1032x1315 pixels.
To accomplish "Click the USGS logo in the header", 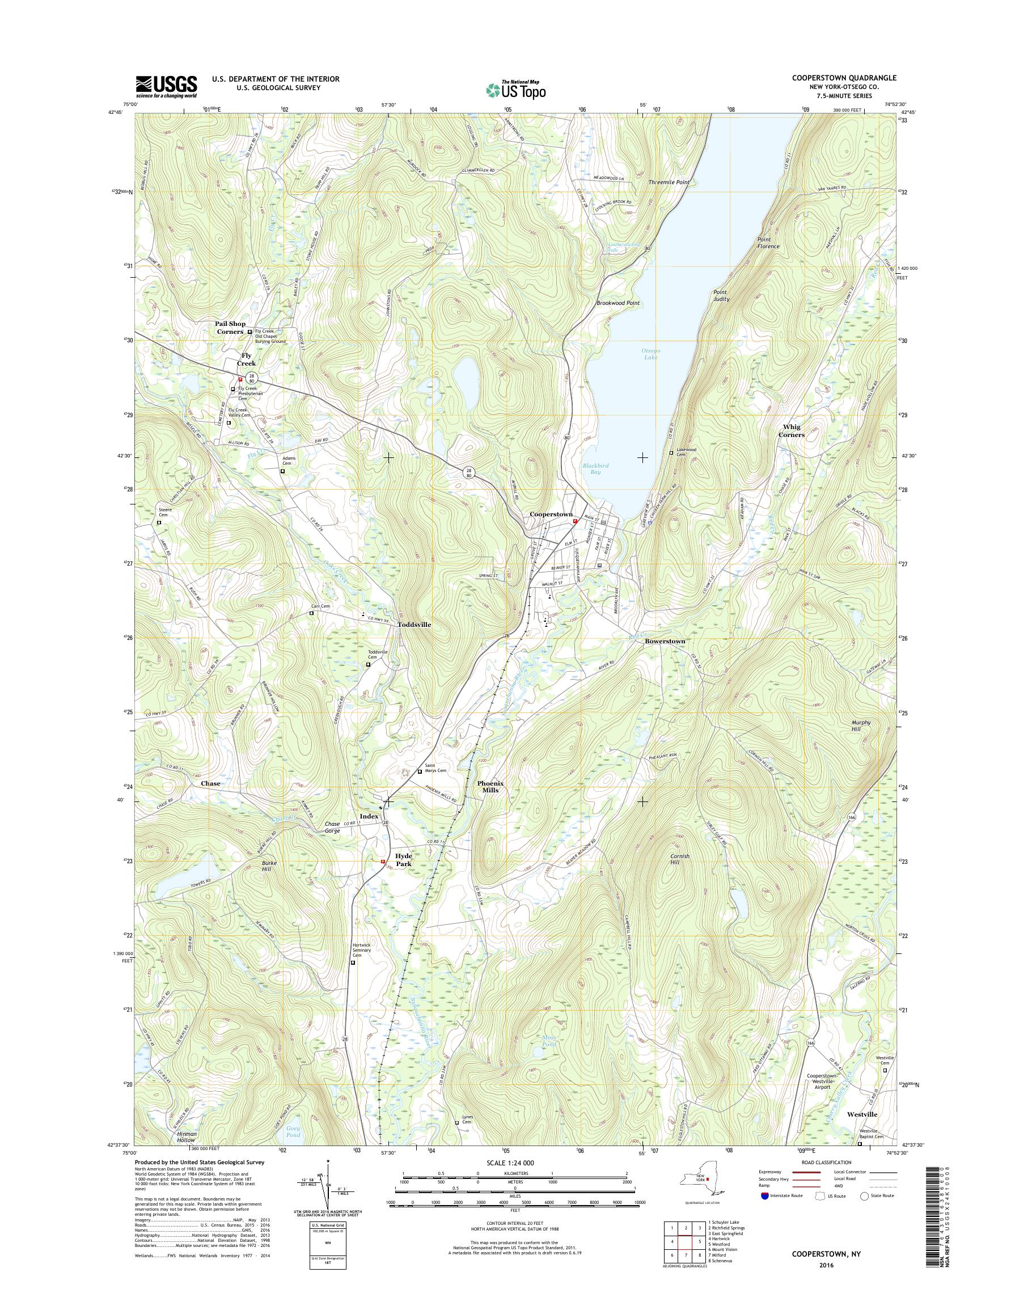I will coord(166,86).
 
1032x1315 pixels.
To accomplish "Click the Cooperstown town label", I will coord(551,514).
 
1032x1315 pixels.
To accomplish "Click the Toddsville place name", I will coord(414,625).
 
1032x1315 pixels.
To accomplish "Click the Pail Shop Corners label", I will coord(230,328).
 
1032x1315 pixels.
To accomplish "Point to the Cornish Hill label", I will coord(679,860).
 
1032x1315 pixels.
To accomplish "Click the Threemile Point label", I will coord(669,182).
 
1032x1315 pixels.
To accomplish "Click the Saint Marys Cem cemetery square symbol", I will coord(420,771).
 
